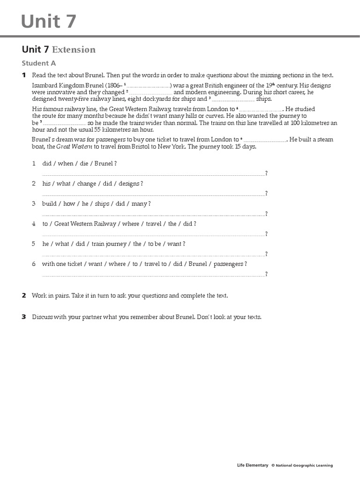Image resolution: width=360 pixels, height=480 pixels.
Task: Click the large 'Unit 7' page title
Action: click(x=48, y=22)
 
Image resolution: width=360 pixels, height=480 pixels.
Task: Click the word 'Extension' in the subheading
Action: click(x=74, y=50)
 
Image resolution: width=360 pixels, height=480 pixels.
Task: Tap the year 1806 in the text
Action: click(x=114, y=86)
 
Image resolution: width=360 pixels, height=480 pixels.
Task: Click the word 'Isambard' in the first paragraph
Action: click(x=45, y=86)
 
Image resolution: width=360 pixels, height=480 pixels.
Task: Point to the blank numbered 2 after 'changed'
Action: click(x=150, y=92)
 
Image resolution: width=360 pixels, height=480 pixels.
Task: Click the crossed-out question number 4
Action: click(x=34, y=224)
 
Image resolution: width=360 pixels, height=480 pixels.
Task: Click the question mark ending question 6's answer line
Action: click(x=266, y=274)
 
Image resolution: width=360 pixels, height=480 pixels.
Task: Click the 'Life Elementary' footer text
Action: click(x=253, y=465)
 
